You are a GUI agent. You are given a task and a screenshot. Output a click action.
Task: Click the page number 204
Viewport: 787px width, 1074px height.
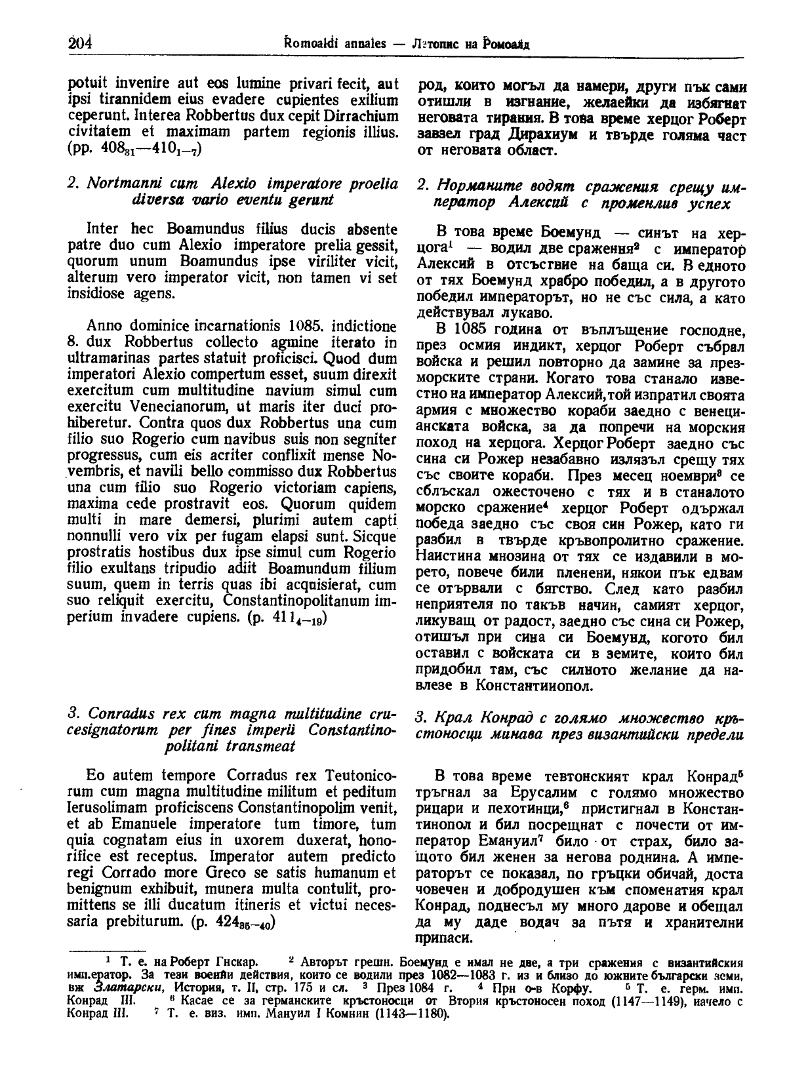[79, 43]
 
